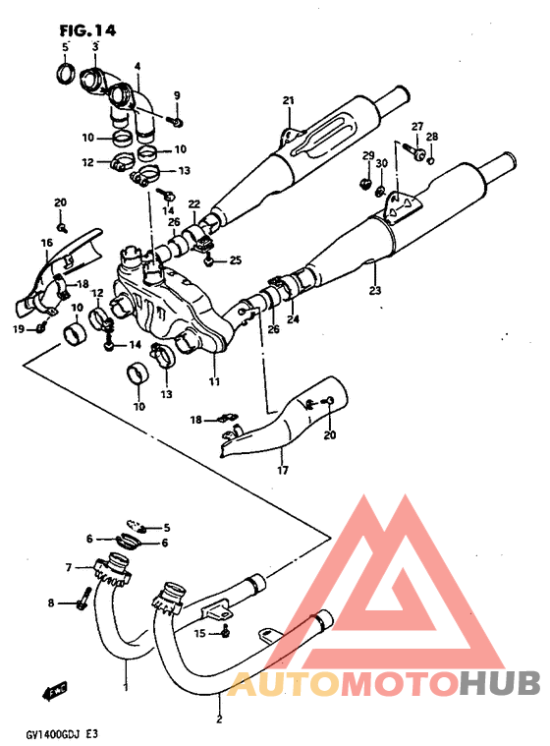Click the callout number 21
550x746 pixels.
tap(288, 101)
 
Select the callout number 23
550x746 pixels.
tap(373, 290)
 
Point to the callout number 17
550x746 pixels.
tap(282, 470)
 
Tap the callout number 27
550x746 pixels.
tap(416, 127)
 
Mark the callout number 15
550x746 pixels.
tap(200, 634)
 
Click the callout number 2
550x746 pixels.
tap(219, 717)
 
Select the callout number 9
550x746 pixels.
tap(178, 94)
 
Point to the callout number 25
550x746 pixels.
tap(235, 260)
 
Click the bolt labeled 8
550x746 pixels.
tap(85, 596)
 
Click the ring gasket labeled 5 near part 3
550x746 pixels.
tap(67, 74)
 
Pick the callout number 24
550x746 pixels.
tap(293, 318)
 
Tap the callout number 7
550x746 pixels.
tap(69, 567)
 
